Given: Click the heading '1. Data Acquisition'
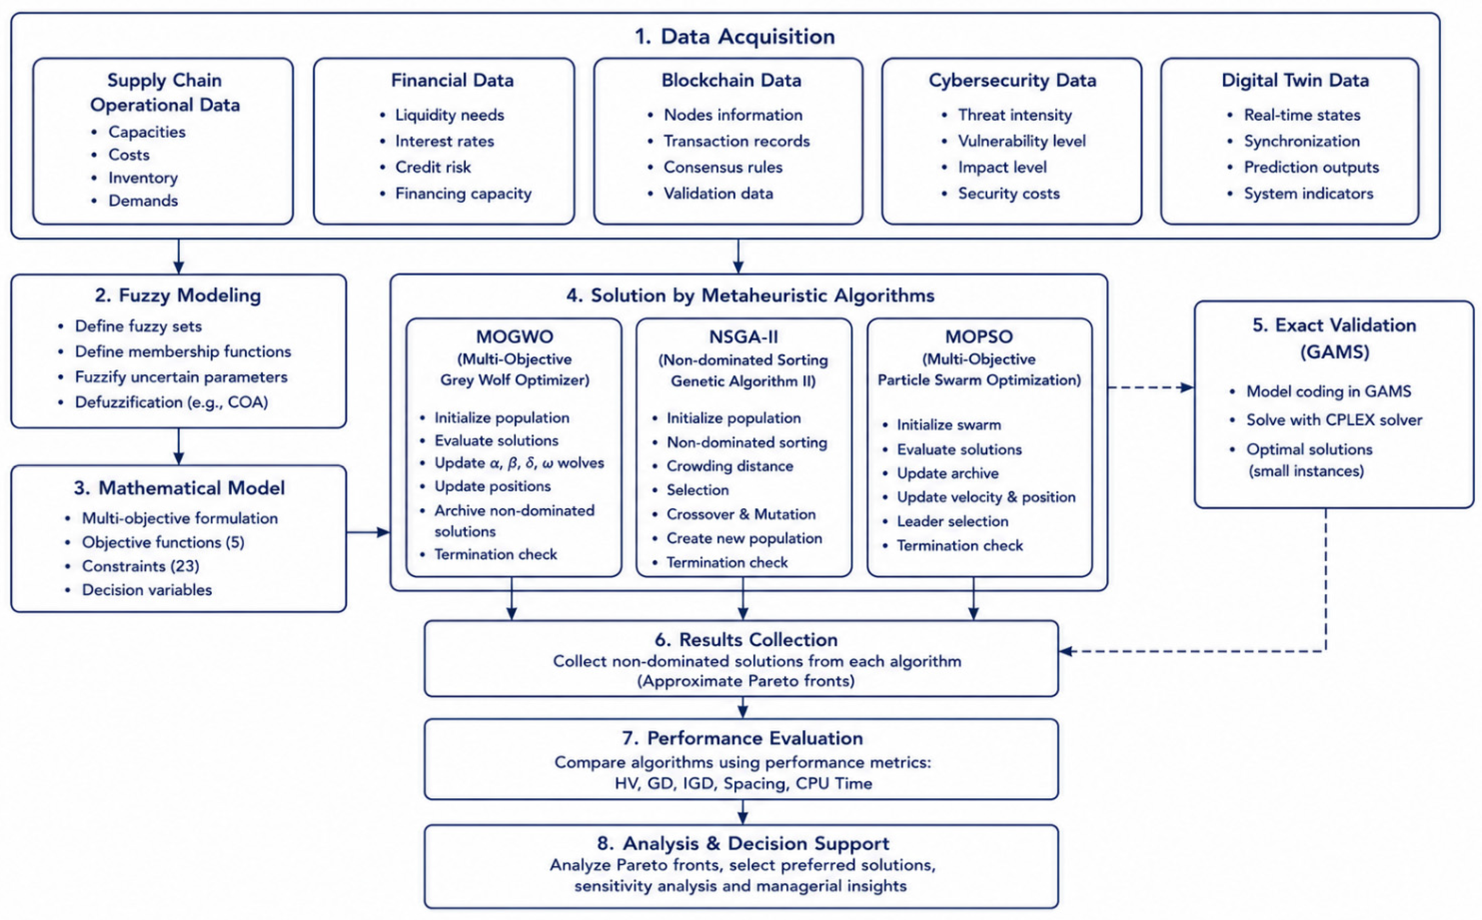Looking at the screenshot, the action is [x=735, y=36].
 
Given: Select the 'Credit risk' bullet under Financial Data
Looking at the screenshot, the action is [x=432, y=167].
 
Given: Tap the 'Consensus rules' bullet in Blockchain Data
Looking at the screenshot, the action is [x=723, y=167].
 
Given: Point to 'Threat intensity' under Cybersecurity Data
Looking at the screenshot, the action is [x=1015, y=115].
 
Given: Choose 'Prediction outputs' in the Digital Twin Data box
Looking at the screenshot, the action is [x=1311, y=167].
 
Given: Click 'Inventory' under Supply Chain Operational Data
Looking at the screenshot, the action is [x=143, y=178].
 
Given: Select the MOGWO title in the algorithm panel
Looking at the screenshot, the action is [x=515, y=337].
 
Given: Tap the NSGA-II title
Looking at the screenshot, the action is [x=743, y=337].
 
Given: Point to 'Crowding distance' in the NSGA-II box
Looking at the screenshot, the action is [x=730, y=466].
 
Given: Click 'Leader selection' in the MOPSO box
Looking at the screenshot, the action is [x=953, y=522].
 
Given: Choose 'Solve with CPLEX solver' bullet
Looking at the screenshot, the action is [x=1334, y=420].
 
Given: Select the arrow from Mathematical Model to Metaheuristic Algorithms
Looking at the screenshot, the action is [x=368, y=533].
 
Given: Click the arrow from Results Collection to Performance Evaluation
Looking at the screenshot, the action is [x=742, y=708].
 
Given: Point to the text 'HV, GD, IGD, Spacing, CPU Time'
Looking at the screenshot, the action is [x=743, y=784].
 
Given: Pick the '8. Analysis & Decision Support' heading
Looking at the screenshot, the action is [x=743, y=844].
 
